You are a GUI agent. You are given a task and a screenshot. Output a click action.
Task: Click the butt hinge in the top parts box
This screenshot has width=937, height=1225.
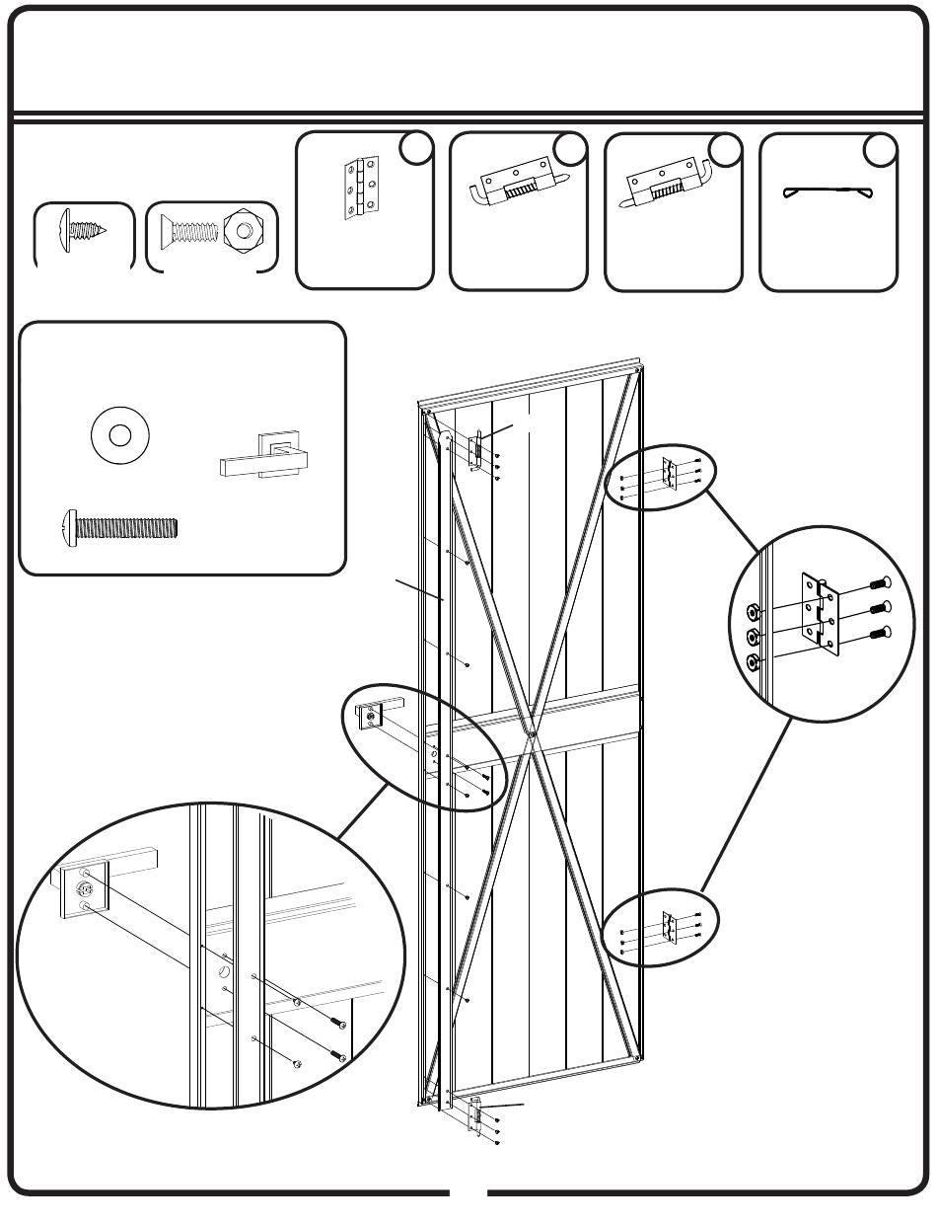(x=360, y=186)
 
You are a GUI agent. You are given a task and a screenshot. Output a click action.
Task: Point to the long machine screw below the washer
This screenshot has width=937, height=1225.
(x=119, y=523)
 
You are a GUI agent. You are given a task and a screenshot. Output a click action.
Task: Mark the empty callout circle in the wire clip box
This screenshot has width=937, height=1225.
(x=880, y=148)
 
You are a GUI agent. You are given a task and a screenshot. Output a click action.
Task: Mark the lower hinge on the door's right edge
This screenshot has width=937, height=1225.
(x=670, y=927)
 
